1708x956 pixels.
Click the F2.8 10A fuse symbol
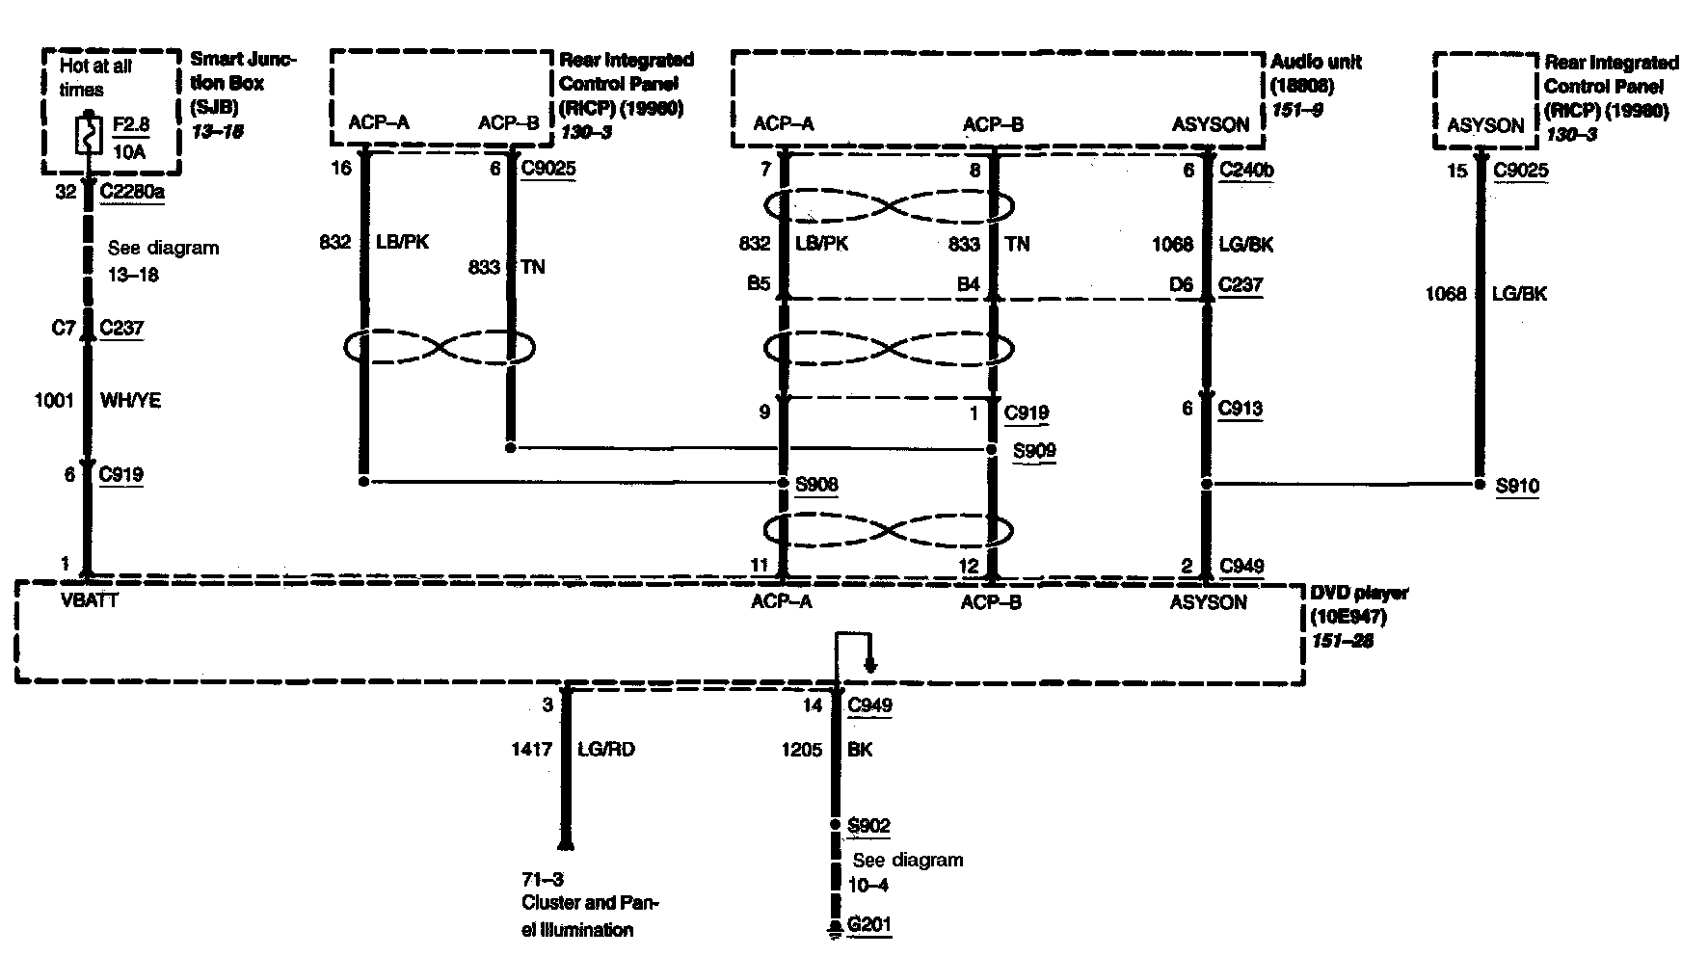(87, 135)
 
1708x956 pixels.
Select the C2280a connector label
(132, 191)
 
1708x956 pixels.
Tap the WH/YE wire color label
(130, 401)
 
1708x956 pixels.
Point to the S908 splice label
(815, 484)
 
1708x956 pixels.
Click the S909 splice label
(1033, 450)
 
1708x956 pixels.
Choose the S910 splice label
(1517, 487)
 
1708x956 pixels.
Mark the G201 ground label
(868, 925)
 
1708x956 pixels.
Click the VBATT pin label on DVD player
(89, 602)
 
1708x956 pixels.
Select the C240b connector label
(1246, 171)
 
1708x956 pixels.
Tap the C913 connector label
(1241, 409)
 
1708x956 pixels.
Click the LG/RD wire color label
(605, 749)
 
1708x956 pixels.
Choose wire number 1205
(802, 749)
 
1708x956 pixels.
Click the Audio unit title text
(1317, 62)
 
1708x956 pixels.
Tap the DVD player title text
(1358, 592)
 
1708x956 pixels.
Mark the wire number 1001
(54, 401)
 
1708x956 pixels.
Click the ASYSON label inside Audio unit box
(1210, 124)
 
